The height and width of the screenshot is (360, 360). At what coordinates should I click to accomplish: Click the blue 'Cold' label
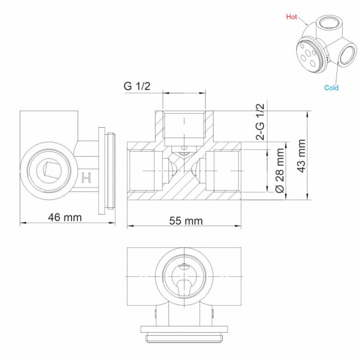pos(331,87)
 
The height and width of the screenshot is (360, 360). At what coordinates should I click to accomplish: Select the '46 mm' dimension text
pos(65,217)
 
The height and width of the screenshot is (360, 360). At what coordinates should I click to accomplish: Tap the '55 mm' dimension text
pos(186,221)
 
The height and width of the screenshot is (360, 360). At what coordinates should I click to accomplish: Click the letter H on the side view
pos(86,178)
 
